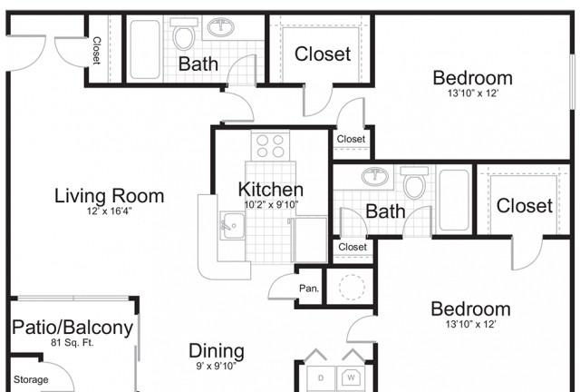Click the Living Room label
pyautogui.click(x=109, y=196)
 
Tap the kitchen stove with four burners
pyautogui.click(x=270, y=145)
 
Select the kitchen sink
pyautogui.click(x=232, y=225)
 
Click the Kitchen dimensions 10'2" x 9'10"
pyautogui.click(x=271, y=204)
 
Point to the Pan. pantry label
pyautogui.click(x=309, y=288)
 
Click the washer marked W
pyautogui.click(x=351, y=378)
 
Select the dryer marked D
pyautogui.click(x=321, y=378)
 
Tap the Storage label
pyautogui.click(x=31, y=379)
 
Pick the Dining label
pyautogui.click(x=217, y=350)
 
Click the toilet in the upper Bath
pyautogui.click(x=184, y=34)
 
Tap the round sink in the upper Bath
pyautogui.click(x=221, y=27)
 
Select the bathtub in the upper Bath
pyautogui.click(x=145, y=49)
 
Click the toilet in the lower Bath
pyautogui.click(x=414, y=182)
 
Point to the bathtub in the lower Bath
pyautogui.click(x=454, y=200)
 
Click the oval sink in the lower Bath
pyautogui.click(x=375, y=176)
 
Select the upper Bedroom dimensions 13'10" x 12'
pyautogui.click(x=473, y=93)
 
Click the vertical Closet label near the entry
pyautogui.click(x=97, y=51)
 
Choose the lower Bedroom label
pyautogui.click(x=470, y=309)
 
